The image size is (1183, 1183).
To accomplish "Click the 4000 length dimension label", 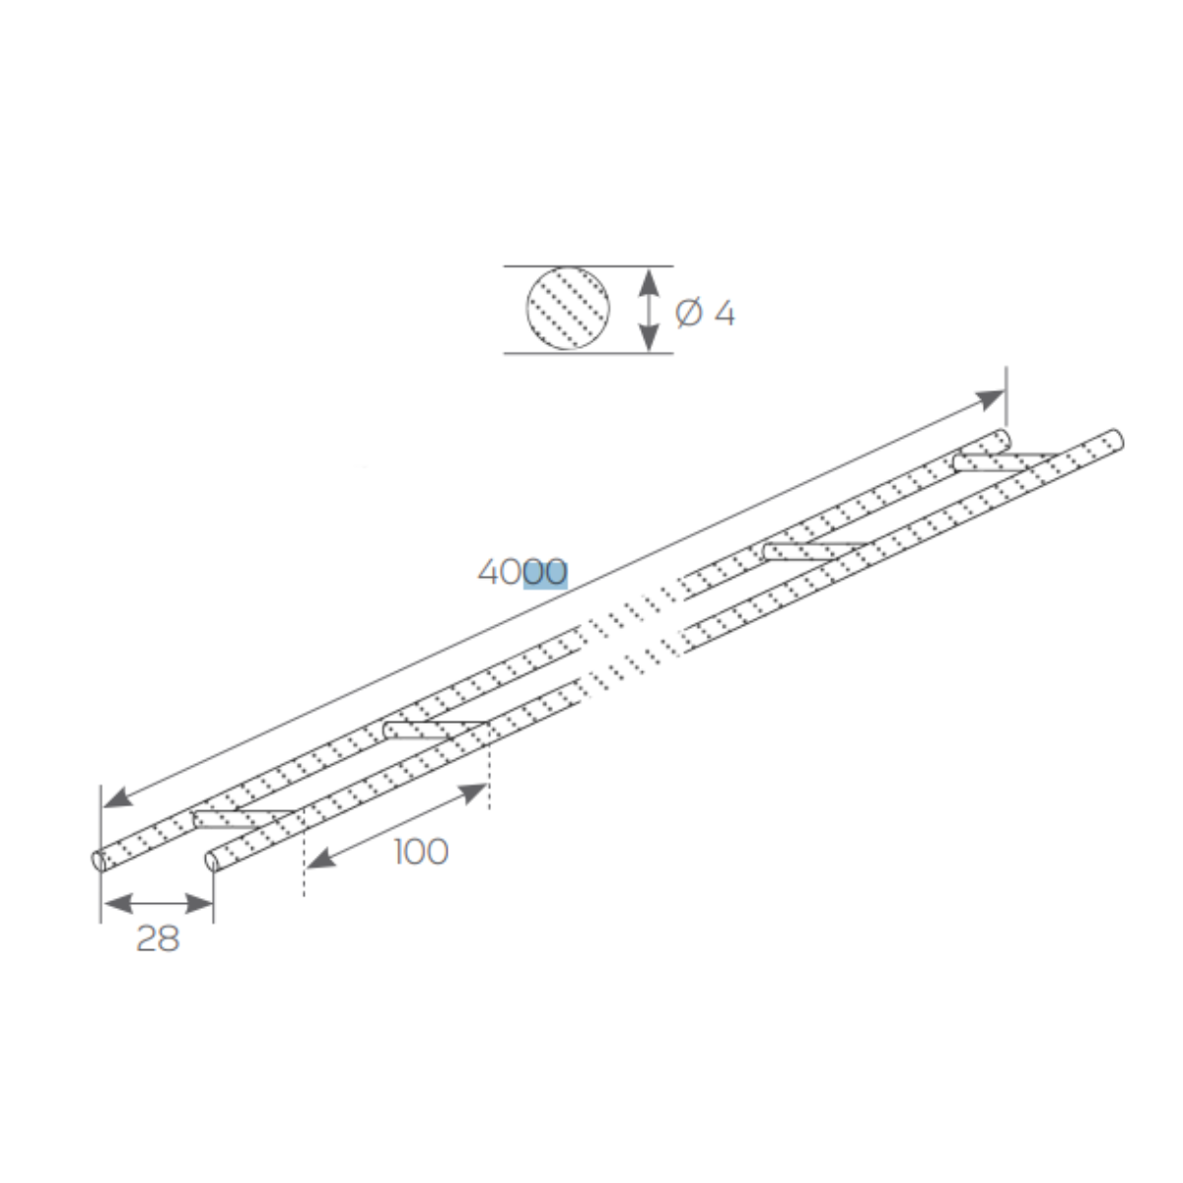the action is pyautogui.click(x=522, y=572).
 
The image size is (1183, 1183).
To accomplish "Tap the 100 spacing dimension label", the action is pyautogui.click(x=421, y=852).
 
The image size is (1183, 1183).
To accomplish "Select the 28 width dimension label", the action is pyautogui.click(x=158, y=939).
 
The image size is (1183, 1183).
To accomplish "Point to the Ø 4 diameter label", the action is pyautogui.click(x=704, y=313).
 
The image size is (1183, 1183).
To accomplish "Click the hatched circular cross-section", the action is pyautogui.click(x=568, y=309).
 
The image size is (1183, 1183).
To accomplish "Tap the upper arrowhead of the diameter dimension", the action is pyautogui.click(x=649, y=282).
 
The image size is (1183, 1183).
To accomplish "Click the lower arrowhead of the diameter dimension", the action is pyautogui.click(x=649, y=338).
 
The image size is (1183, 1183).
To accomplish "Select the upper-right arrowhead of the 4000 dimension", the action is pyautogui.click(x=990, y=398).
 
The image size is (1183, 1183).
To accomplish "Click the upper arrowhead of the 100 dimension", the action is pyautogui.click(x=473, y=793).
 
